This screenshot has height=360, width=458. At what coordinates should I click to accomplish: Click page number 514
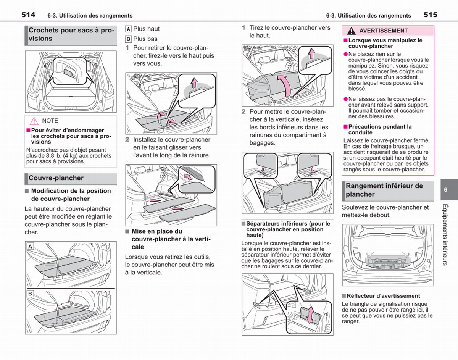pos(28,15)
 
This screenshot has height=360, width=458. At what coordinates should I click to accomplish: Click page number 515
pos(431,15)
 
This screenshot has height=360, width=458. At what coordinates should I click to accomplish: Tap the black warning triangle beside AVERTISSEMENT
pos(351,31)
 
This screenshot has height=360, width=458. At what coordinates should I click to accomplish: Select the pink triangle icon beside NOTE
pos(34,121)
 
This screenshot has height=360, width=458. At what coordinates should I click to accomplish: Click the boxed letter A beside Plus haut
pos(128,29)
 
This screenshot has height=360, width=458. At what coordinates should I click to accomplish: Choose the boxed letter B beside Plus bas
pos(128,39)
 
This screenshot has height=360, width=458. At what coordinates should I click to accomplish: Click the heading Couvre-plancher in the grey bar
pos(56,178)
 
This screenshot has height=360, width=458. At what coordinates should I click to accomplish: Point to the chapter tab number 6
pos(445,190)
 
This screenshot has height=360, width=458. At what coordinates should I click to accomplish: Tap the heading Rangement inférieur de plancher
pos(384,190)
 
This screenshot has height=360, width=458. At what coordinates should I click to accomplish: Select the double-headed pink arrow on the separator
pos(310,315)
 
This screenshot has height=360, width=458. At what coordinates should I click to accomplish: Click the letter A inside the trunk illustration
pos(31,246)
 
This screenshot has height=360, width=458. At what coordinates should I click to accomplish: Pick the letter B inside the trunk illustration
pos(31,294)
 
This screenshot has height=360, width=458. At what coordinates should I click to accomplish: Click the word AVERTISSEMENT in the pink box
pos(384,31)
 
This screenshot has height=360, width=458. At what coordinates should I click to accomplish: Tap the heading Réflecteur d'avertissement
pos(384,296)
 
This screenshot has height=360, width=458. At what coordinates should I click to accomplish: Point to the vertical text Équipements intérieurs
pos(445,235)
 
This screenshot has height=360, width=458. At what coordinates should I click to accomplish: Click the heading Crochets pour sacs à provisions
pos(71,34)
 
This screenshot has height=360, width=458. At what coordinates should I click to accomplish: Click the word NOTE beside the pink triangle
pos(50,121)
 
